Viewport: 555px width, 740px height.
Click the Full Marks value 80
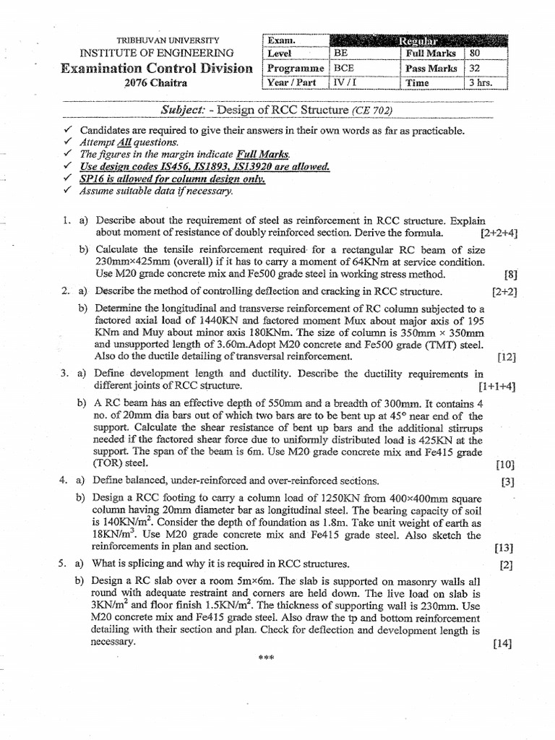(x=475, y=53)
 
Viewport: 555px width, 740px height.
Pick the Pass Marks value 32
(x=475, y=68)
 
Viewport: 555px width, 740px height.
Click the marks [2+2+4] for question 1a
(x=497, y=233)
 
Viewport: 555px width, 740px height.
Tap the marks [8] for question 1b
(x=509, y=275)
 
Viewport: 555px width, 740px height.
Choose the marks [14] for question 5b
(x=503, y=642)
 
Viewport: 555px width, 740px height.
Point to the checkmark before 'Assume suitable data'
(x=67, y=191)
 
